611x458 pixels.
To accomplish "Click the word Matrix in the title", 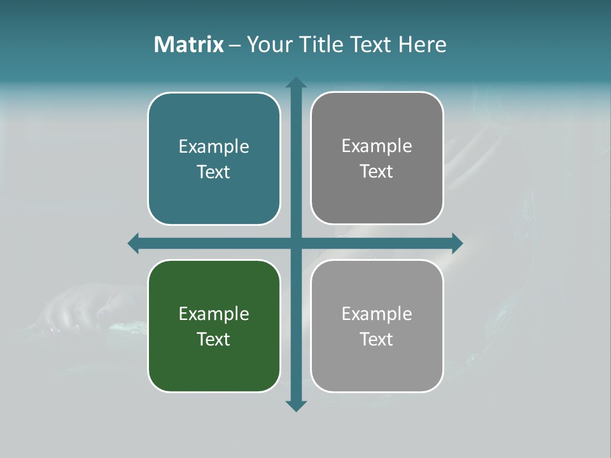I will pos(188,45).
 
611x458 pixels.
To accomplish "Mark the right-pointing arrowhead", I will pos(457,243).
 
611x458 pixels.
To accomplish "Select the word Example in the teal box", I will pos(214,147).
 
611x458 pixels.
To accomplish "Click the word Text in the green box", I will pos(214,339).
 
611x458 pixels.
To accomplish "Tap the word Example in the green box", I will pos(214,314).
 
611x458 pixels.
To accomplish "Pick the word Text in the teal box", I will pos(214,172).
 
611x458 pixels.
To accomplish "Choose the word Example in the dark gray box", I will pos(377,146).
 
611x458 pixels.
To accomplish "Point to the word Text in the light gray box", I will pos(377,339).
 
